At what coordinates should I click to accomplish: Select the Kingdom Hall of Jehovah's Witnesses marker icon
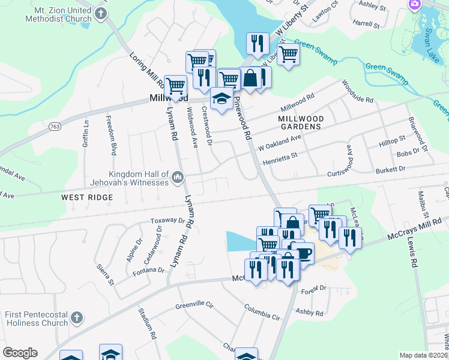tap(178, 177)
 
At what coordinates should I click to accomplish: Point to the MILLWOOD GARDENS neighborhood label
tap(301, 123)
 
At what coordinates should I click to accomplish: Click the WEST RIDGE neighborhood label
tap(86, 197)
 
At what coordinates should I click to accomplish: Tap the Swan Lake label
tap(431, 39)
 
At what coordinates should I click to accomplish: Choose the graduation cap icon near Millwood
tap(221, 98)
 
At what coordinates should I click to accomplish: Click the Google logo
tap(20, 353)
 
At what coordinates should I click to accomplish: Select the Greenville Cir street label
tap(194, 305)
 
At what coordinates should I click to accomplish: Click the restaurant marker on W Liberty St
tap(257, 44)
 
